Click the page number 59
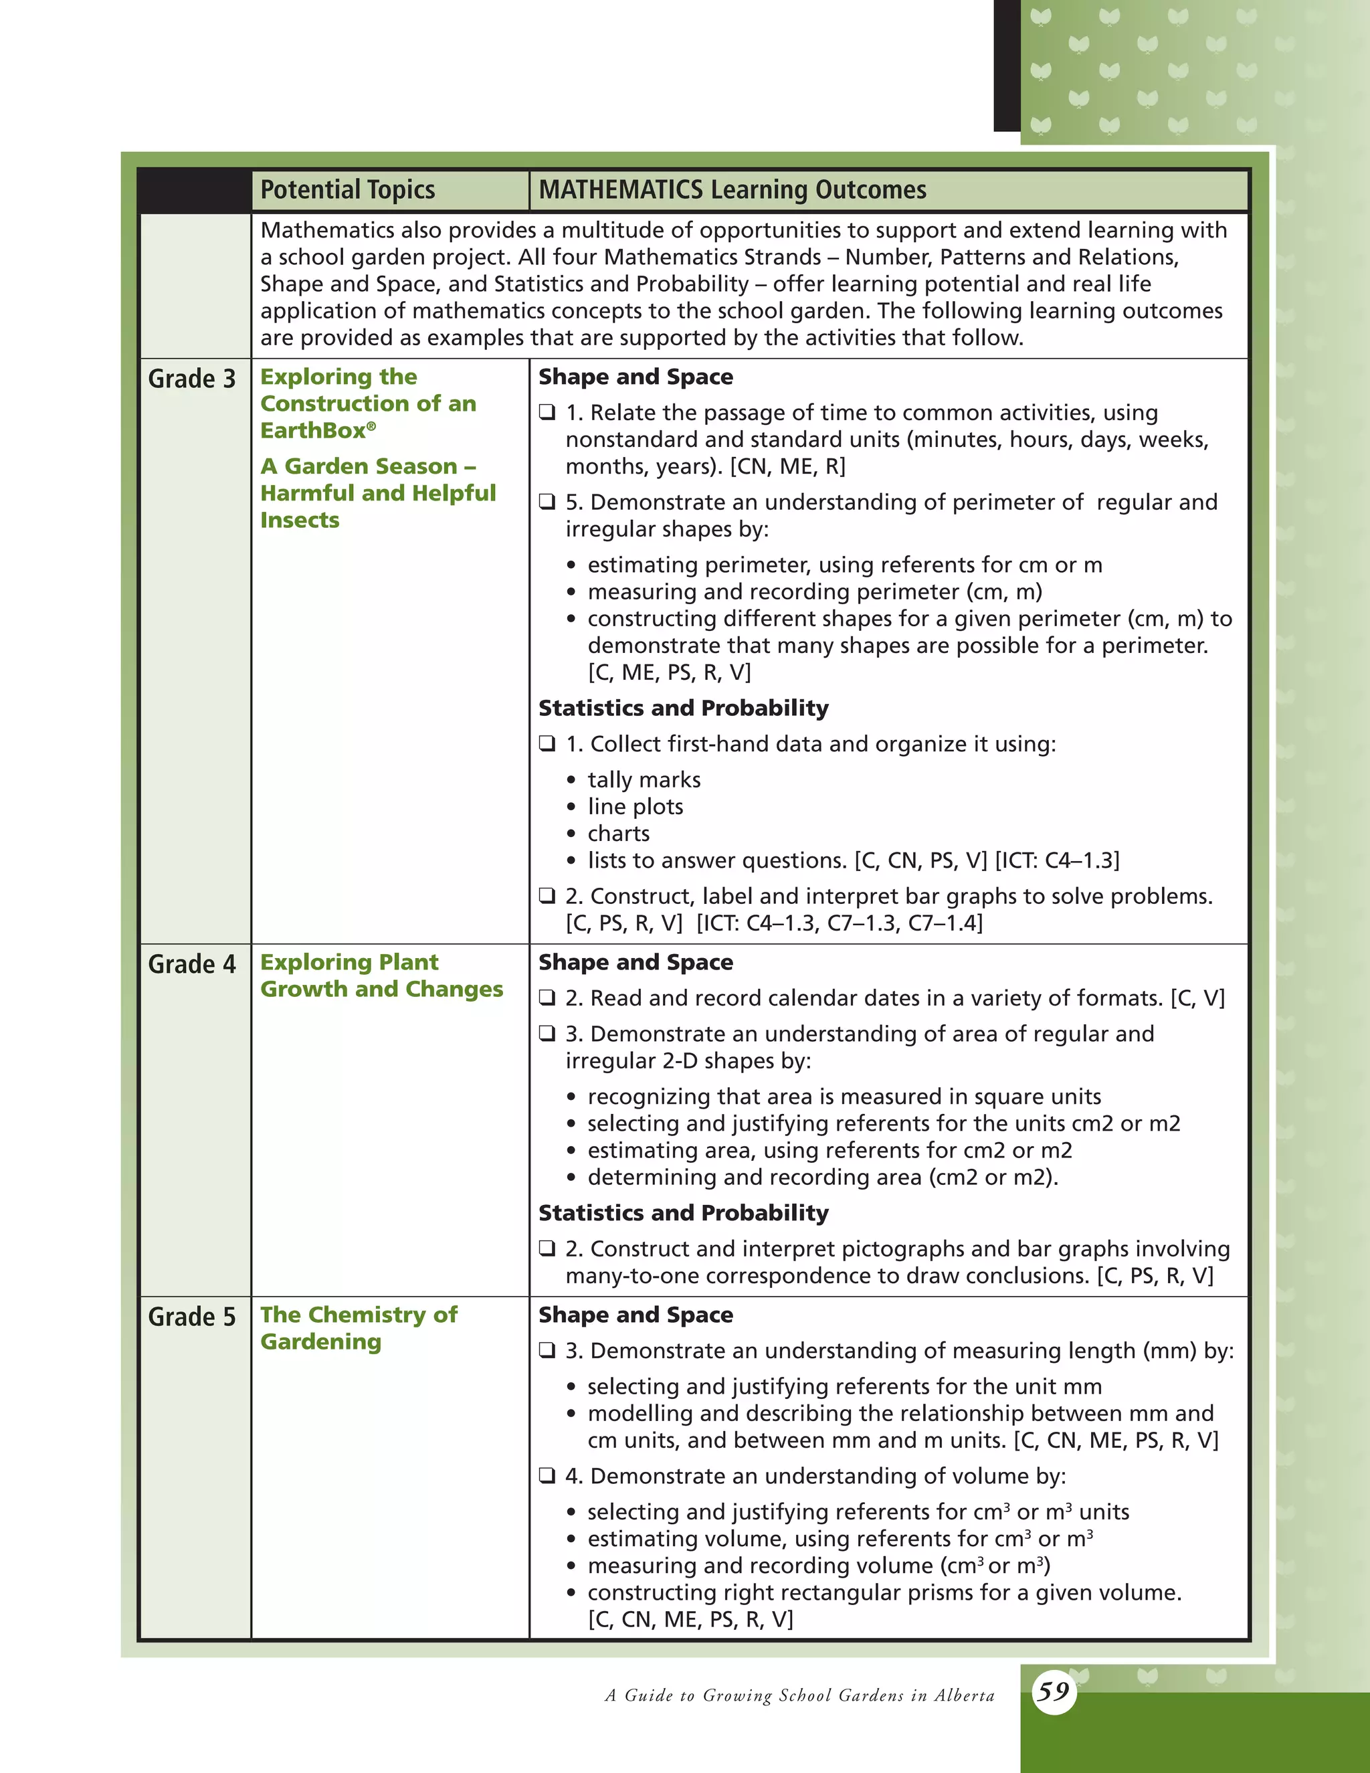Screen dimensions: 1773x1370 tap(1054, 1691)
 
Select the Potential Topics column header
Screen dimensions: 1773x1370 tap(347, 190)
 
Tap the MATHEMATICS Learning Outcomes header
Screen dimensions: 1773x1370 tap(732, 190)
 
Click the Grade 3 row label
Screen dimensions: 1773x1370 tap(191, 379)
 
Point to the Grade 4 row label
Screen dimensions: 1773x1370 tap(191, 964)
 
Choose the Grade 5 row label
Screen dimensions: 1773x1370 tap(191, 1317)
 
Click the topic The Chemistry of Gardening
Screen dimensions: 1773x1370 tap(358, 1328)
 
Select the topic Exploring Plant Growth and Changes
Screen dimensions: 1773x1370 tap(381, 975)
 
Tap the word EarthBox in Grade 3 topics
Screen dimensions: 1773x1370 tap(313, 431)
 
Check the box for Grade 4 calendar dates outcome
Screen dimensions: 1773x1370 tap(548, 998)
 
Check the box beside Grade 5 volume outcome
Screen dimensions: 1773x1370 tap(548, 1476)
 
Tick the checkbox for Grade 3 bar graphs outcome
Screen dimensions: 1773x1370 tap(548, 897)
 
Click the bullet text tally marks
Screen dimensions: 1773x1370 tap(644, 780)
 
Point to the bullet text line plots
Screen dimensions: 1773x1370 tap(635, 807)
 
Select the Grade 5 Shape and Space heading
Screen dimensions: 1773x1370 tap(635, 1315)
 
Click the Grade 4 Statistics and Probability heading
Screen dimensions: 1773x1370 tap(684, 1213)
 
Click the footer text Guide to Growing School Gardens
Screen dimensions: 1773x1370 tap(799, 1695)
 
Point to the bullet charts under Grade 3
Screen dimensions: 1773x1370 tap(619, 834)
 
